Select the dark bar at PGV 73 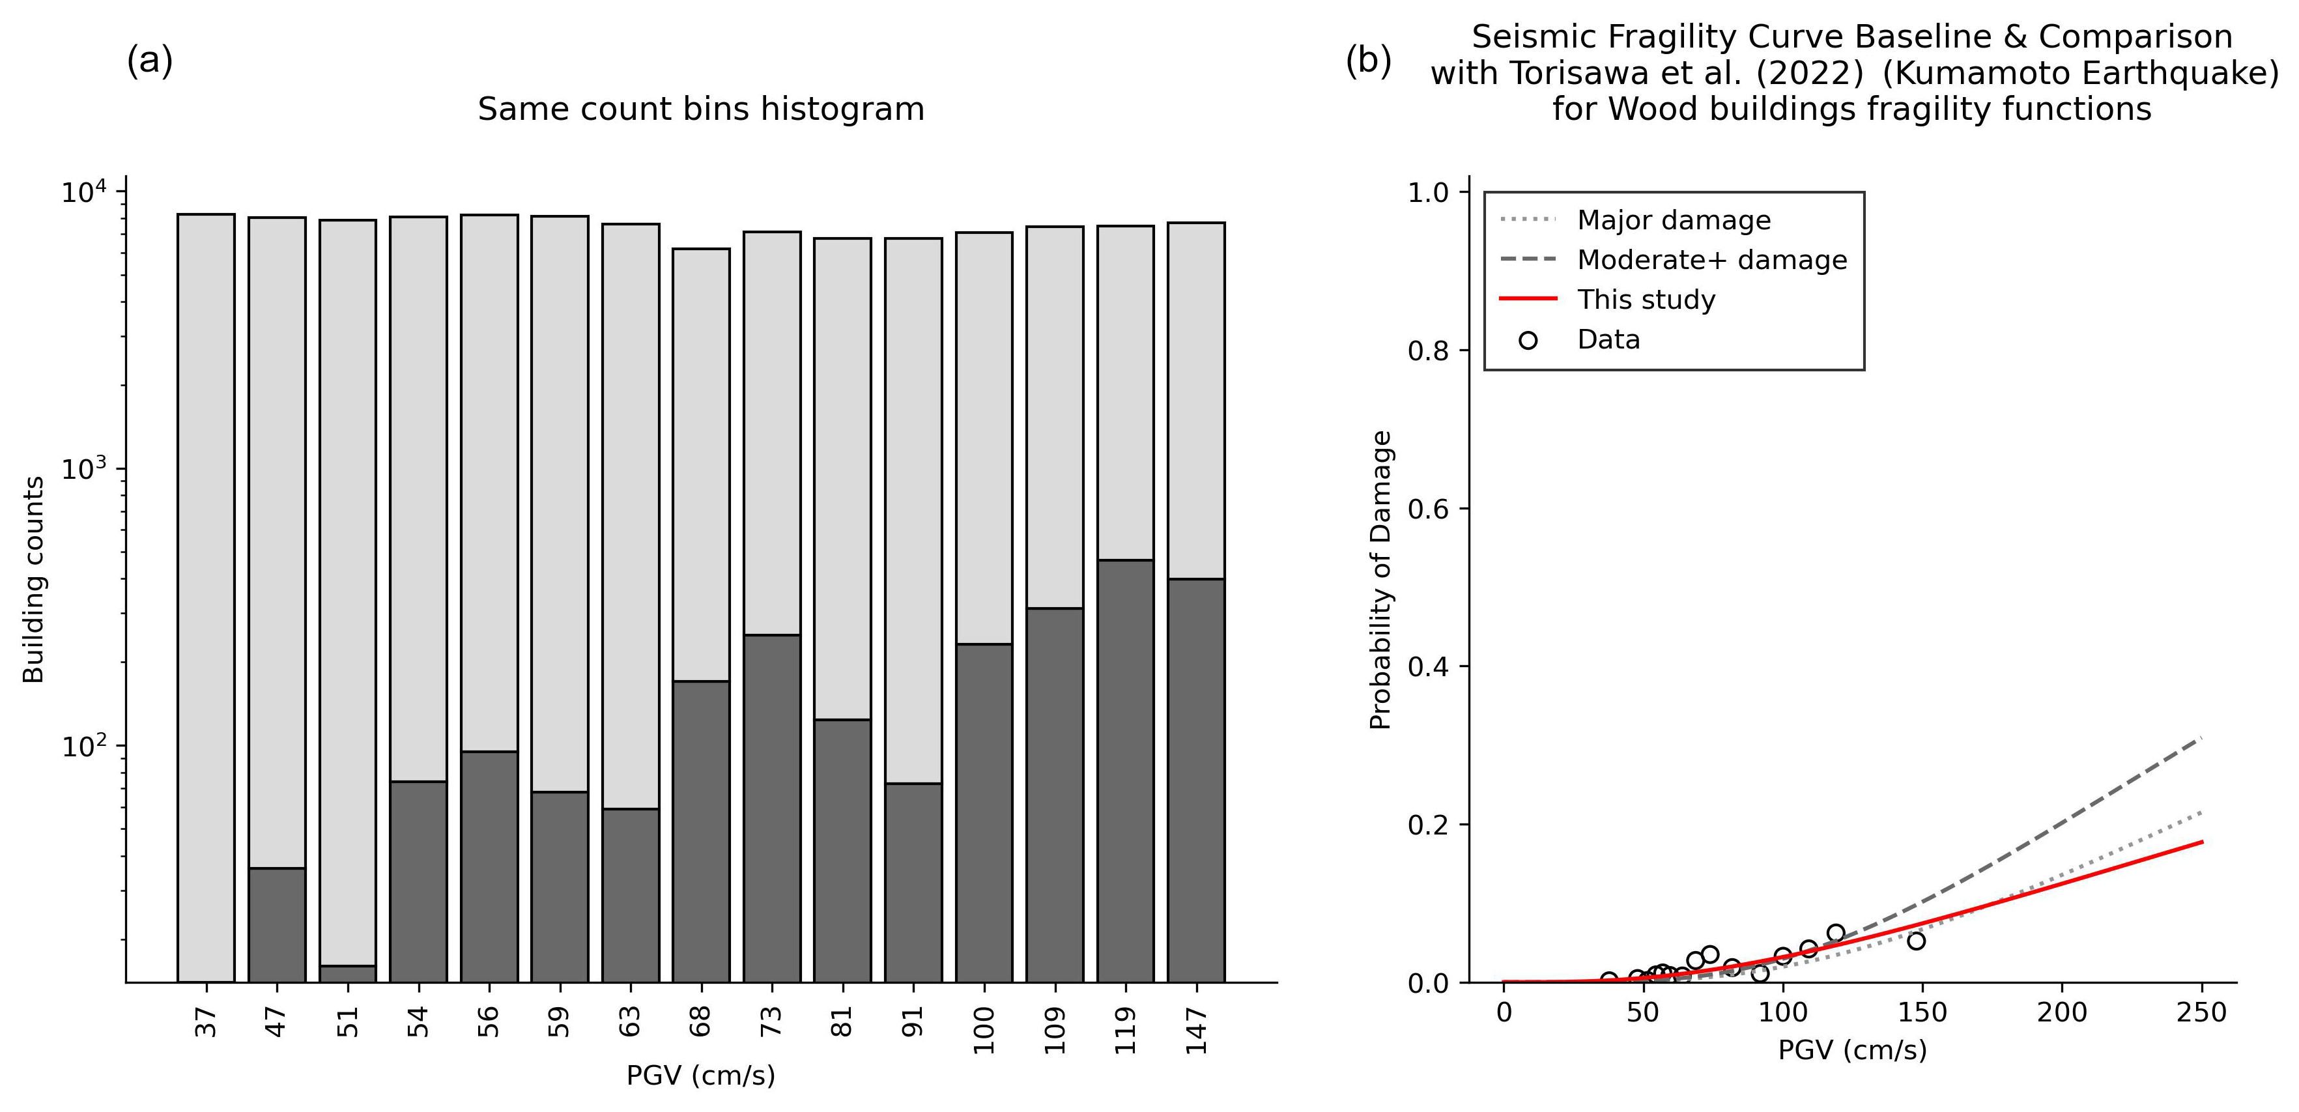[772, 808]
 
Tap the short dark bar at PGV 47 [277, 924]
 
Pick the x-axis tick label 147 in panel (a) [1196, 1031]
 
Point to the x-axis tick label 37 [206, 1023]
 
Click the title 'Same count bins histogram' [700, 109]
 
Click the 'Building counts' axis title [34, 580]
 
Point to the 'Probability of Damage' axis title [1380, 580]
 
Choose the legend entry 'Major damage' [1674, 220]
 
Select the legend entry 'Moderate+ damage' [1712, 260]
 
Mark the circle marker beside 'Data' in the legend [1528, 340]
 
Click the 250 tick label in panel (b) [2202, 1013]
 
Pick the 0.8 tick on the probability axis [1426, 350]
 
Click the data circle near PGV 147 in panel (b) [1915, 941]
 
